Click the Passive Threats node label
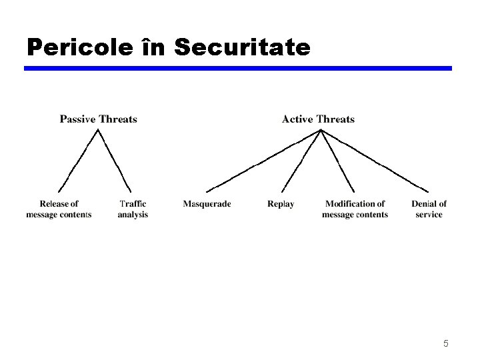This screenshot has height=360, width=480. [98, 119]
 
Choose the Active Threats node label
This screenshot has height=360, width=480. [318, 119]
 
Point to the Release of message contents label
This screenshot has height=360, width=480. [59, 209]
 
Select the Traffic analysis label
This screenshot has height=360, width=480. [133, 209]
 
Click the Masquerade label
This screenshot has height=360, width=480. [207, 204]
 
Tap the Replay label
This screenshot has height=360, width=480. [281, 204]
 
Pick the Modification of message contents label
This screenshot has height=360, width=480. [355, 209]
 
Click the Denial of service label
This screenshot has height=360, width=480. [429, 209]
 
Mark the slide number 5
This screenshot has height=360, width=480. [446, 344]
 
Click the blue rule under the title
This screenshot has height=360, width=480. [238, 68]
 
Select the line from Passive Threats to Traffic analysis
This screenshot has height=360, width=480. [115, 161]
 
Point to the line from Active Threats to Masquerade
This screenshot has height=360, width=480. [264, 160]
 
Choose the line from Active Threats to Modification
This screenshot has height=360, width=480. [337, 160]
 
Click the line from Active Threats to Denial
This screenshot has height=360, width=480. [375, 160]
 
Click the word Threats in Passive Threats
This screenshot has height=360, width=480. [118, 119]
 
